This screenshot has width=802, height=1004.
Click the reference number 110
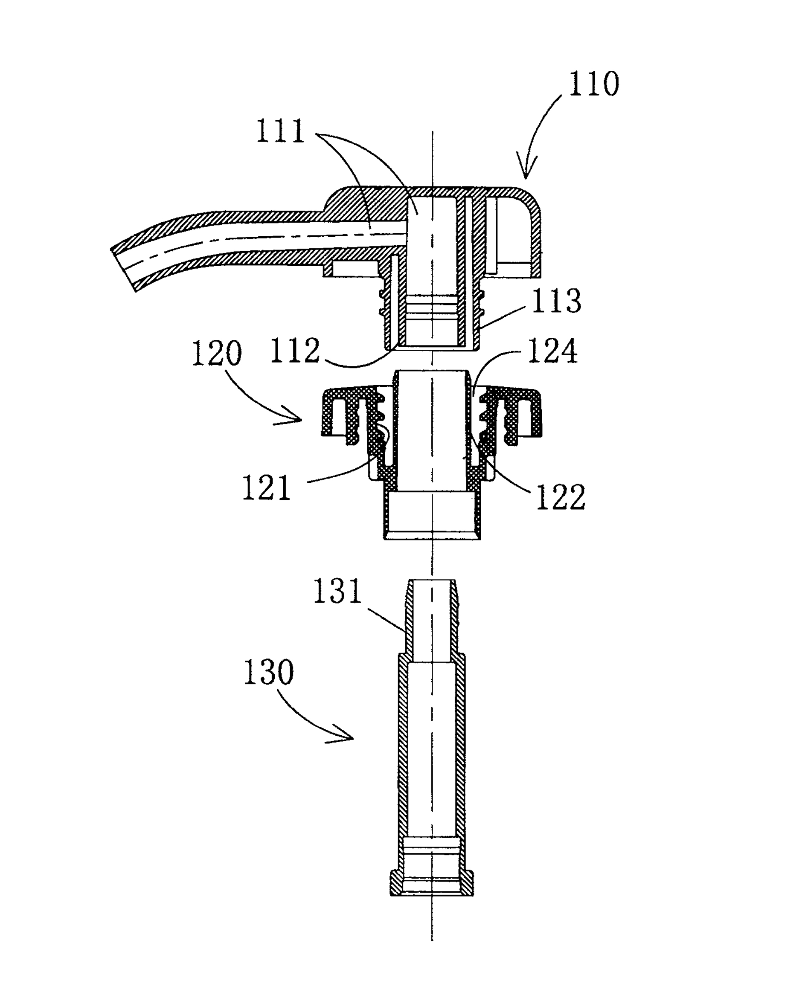click(x=594, y=84)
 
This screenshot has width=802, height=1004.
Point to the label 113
click(x=556, y=301)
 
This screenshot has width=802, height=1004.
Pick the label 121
click(x=266, y=487)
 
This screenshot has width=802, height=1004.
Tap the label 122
click(x=561, y=497)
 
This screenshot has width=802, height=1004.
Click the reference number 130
click(x=269, y=672)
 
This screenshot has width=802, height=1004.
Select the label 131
click(x=337, y=591)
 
